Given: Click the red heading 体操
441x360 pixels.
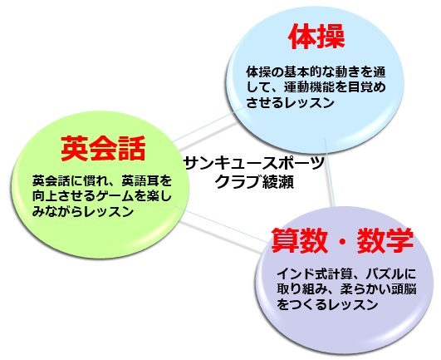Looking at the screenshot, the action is (317, 37).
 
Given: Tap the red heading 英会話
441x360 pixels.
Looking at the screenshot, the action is (103, 148).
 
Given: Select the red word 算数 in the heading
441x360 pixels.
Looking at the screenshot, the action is (299, 240).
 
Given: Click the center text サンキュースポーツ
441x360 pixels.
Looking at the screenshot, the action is (253, 163).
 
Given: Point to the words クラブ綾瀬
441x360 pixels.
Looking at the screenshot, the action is (254, 181).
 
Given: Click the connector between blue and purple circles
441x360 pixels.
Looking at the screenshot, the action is (330, 172).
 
